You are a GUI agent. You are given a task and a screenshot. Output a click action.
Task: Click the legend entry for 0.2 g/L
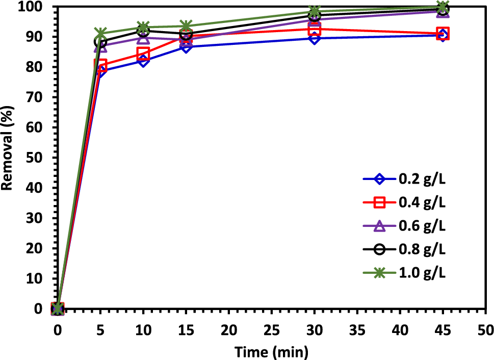(x=404, y=179)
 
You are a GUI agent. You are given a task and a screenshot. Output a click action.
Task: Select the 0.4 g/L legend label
(x=404, y=202)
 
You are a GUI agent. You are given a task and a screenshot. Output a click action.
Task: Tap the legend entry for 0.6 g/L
(x=404, y=226)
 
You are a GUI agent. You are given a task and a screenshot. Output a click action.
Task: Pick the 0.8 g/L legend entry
(x=404, y=249)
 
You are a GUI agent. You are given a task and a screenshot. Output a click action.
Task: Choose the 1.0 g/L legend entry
(x=404, y=273)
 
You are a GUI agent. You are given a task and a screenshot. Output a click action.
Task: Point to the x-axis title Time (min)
(x=271, y=351)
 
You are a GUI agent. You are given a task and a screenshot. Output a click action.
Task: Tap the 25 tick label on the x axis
(x=271, y=330)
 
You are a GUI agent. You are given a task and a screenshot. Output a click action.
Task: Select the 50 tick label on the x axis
(x=485, y=330)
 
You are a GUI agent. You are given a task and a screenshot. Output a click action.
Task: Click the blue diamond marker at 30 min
(x=315, y=38)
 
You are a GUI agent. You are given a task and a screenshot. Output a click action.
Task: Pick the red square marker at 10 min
(x=143, y=54)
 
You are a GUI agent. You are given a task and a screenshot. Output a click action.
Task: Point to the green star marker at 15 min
(x=186, y=26)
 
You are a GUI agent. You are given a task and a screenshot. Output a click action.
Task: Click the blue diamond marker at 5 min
(x=100, y=71)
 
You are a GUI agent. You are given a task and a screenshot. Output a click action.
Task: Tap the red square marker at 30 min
(x=315, y=29)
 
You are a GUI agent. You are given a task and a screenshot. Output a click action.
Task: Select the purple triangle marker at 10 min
(x=143, y=38)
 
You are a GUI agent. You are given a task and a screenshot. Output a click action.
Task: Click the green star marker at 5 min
(x=100, y=34)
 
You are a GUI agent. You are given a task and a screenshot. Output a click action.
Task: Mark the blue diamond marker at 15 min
(x=186, y=47)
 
